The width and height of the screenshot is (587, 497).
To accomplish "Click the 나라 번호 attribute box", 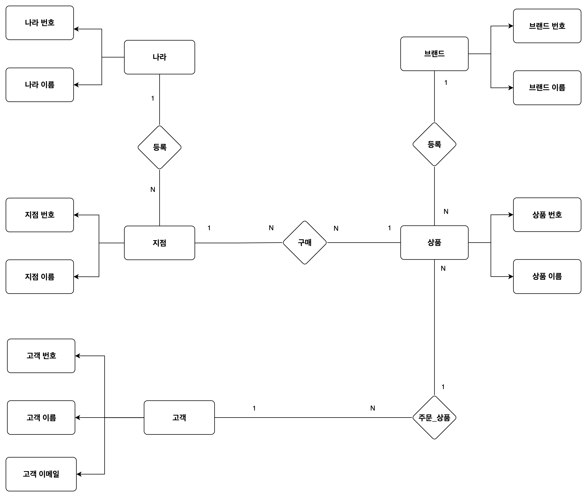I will click(40, 23).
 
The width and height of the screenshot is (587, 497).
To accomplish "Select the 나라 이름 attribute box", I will click(40, 85).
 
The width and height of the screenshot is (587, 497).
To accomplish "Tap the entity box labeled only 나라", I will click(160, 57).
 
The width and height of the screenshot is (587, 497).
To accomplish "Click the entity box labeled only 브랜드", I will click(434, 54).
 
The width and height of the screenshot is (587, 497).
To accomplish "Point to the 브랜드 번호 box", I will click(547, 26).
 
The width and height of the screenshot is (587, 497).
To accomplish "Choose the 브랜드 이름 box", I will click(547, 88).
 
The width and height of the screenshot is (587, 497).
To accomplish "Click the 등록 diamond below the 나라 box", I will click(160, 147).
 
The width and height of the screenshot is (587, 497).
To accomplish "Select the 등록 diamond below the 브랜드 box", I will click(434, 144).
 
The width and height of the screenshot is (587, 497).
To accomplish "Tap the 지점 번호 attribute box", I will click(40, 215).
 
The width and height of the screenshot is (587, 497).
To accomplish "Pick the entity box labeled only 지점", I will click(160, 243).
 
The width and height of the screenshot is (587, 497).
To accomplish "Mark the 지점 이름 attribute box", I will click(40, 277).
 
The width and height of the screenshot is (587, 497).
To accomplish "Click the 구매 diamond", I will click(305, 243).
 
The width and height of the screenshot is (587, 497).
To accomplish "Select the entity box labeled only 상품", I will click(434, 243).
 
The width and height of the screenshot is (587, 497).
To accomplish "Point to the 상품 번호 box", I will click(547, 215).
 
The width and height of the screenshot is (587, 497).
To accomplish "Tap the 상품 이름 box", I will click(547, 276).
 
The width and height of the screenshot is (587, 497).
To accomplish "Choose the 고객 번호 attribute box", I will click(41, 356).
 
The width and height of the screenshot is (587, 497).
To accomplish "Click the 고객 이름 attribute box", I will click(41, 418).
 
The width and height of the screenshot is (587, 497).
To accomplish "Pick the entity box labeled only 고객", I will click(179, 418).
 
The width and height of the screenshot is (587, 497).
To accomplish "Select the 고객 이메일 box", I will click(41, 474).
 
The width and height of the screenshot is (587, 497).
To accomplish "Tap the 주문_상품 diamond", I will click(434, 418).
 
